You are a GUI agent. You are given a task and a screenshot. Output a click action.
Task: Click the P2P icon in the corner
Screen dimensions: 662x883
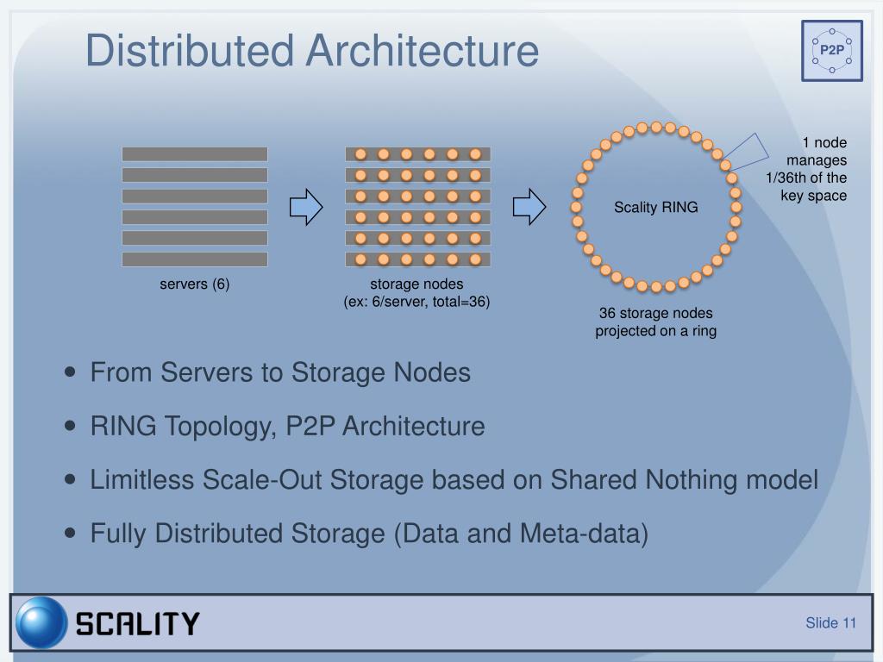pos(832,50)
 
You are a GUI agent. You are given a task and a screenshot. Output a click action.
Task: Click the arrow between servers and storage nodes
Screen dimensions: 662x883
pos(306,207)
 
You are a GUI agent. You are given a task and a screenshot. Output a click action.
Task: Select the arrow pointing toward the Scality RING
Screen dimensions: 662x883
pos(529,207)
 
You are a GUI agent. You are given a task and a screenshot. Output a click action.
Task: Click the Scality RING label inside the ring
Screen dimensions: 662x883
pos(656,207)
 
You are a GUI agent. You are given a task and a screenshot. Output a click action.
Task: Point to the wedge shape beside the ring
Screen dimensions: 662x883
pos(747,153)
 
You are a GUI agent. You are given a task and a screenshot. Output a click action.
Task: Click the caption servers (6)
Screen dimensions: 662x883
pos(194,284)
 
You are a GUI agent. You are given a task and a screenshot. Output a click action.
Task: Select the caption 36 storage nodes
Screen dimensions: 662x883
pos(656,313)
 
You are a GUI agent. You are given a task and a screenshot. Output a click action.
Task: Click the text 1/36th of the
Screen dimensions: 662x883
pos(807,178)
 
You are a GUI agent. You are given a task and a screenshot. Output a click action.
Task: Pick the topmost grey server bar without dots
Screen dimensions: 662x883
pos(194,154)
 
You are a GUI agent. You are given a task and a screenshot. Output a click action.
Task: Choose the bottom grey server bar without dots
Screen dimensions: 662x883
pos(194,259)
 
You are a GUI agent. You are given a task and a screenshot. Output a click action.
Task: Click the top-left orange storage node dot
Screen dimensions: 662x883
pos(361,154)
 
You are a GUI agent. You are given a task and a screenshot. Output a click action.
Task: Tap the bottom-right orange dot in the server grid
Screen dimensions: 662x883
pos(475,259)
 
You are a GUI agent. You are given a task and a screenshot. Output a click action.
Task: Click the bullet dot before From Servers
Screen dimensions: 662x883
pos(71,373)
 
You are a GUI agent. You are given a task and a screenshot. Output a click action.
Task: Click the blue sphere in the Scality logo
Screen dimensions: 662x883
pos(41,622)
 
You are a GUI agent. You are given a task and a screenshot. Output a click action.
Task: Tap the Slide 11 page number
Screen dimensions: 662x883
pos(830,623)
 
